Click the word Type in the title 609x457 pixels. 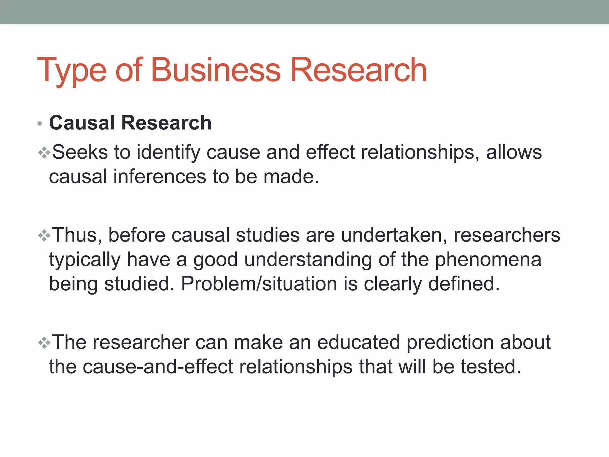pos(72,70)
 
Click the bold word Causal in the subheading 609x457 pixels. pos(82,123)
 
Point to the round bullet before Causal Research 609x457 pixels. pos(40,123)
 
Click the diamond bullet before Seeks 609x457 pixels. pos(44,153)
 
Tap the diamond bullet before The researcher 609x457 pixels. pos(44,343)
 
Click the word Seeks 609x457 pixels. pos(80,152)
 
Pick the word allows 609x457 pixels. pos(514,152)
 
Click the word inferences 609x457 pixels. pos(159,177)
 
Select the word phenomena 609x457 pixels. pos(488,260)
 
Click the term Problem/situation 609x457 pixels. pos(259,284)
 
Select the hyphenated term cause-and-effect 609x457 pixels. pos(158,367)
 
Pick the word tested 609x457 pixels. pos(491,367)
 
